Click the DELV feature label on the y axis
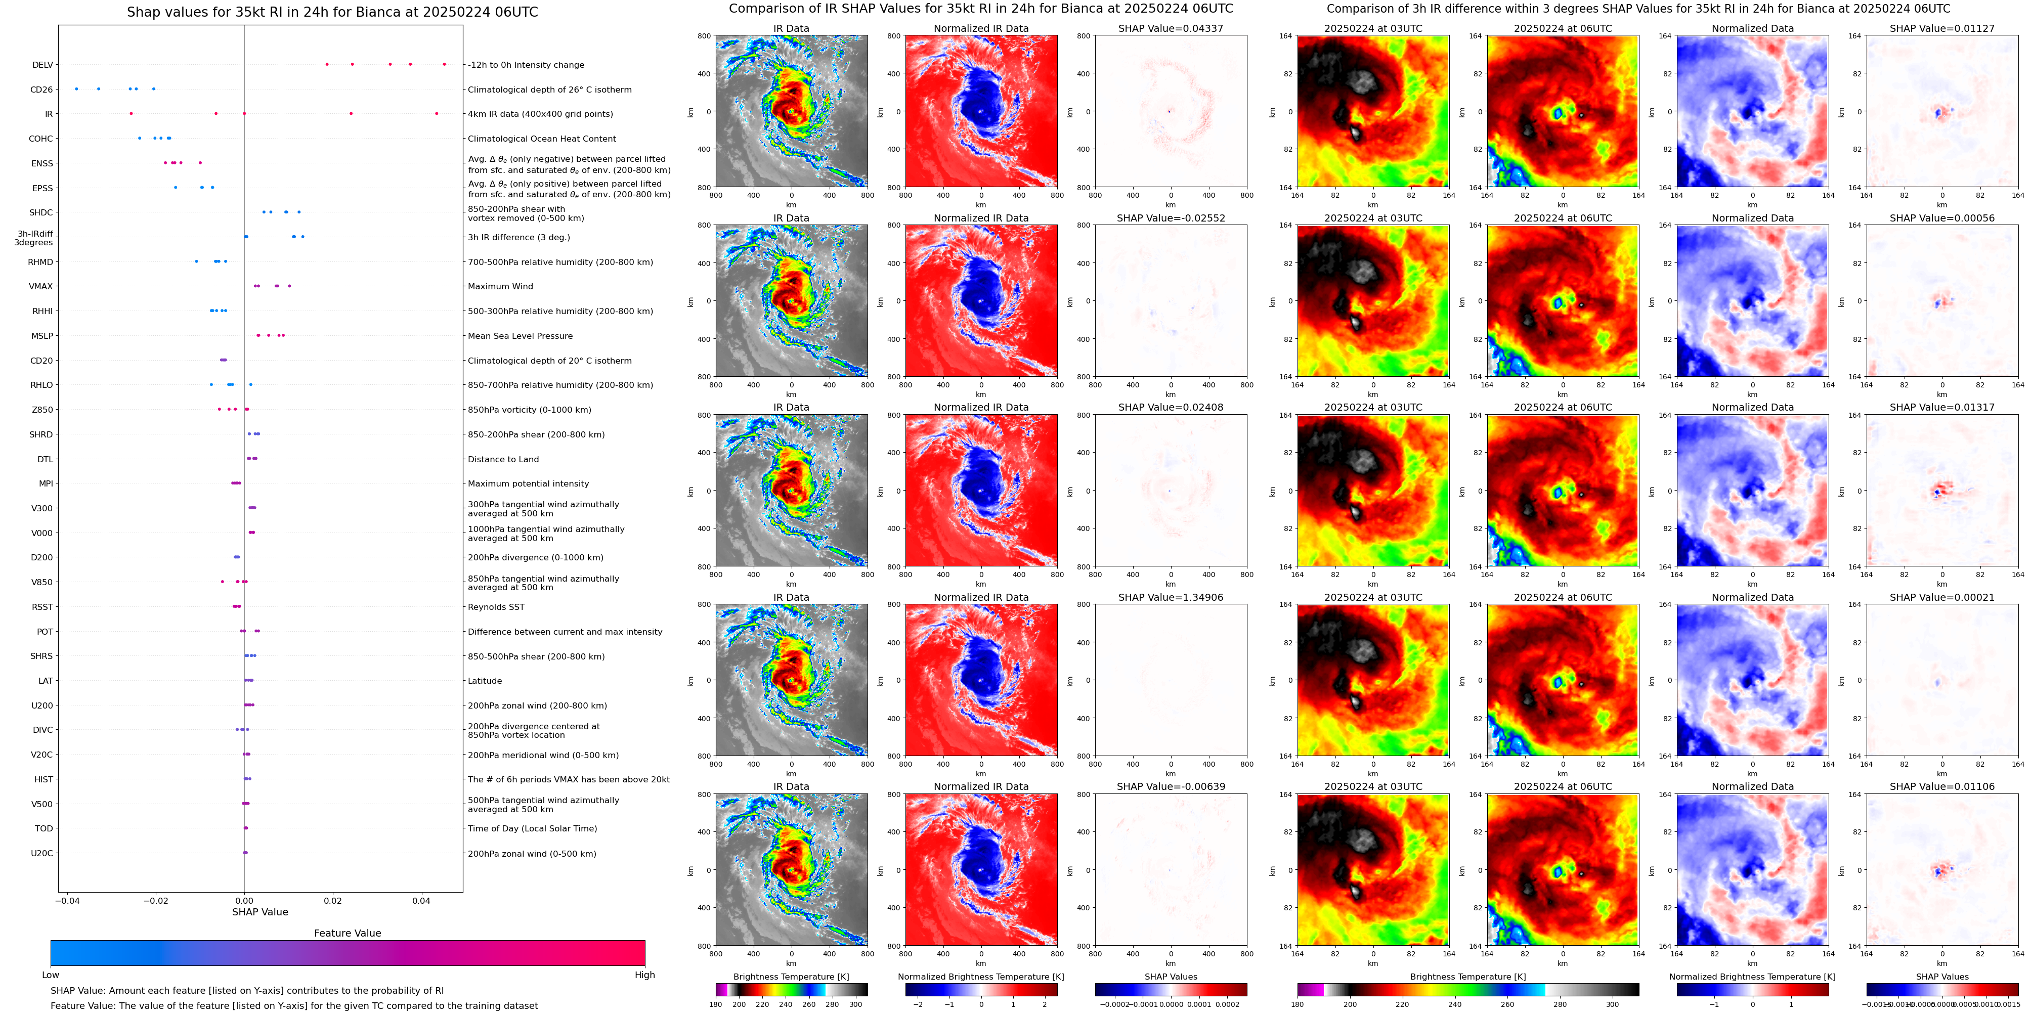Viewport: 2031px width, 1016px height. (42, 65)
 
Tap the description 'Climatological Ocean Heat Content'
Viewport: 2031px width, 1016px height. (542, 139)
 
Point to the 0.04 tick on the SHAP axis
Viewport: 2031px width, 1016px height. (421, 900)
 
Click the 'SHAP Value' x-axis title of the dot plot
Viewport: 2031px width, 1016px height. (260, 912)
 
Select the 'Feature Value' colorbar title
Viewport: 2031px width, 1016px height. (347, 933)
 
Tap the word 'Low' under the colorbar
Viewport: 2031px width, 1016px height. (51, 975)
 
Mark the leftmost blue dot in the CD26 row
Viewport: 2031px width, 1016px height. (76, 89)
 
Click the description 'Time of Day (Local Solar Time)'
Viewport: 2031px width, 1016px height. (532, 828)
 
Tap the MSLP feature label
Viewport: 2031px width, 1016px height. (42, 336)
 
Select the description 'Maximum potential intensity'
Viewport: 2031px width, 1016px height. (528, 484)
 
